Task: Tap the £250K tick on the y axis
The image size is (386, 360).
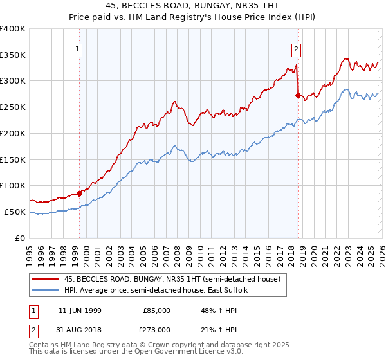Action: point(13,107)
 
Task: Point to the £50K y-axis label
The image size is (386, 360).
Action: point(15,212)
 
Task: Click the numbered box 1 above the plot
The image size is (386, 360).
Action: point(77,48)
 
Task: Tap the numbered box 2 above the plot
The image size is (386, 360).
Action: point(296,48)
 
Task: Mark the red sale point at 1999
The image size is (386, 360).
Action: point(80,193)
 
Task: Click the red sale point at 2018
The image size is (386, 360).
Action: point(298,95)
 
